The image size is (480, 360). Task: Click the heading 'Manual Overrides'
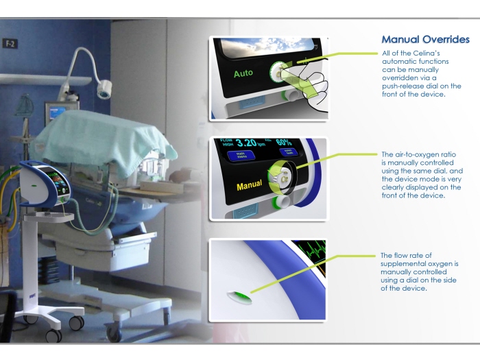click(x=425, y=40)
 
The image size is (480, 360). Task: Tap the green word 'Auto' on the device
click(x=243, y=73)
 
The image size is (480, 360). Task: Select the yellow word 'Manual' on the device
click(x=249, y=186)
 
